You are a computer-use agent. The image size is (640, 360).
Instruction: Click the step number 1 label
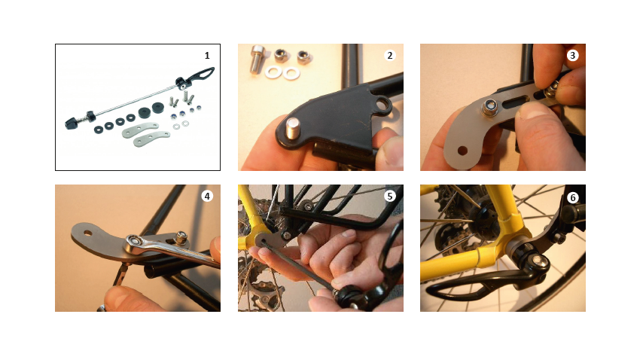[207, 56]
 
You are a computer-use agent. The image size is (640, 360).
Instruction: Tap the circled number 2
[389, 56]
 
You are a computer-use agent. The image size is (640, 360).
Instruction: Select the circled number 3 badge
[572, 56]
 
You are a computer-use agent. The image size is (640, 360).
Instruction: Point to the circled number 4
[207, 197]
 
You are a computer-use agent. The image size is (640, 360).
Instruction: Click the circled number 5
[389, 197]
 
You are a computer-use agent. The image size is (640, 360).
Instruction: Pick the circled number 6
[572, 197]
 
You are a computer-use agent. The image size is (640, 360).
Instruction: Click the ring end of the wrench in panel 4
[135, 243]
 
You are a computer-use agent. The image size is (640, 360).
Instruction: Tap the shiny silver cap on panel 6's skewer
[540, 262]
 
